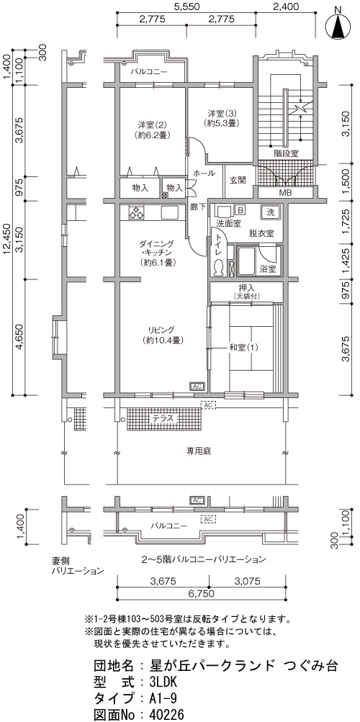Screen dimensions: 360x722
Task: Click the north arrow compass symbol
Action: coord(338,25)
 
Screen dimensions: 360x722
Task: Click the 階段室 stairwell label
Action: coord(285,153)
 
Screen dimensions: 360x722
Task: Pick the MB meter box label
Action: coord(285,192)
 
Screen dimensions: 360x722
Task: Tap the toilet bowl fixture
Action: coord(219,269)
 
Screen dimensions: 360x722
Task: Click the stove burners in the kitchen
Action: coord(135,213)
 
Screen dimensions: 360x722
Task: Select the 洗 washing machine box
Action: coord(271,212)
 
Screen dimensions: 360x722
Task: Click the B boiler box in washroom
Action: coord(240,210)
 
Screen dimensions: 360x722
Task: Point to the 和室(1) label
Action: coord(243,347)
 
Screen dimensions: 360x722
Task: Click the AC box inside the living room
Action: coord(197,386)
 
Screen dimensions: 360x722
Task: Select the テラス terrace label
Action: coord(163,418)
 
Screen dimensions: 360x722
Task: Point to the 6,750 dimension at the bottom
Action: coord(201,594)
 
